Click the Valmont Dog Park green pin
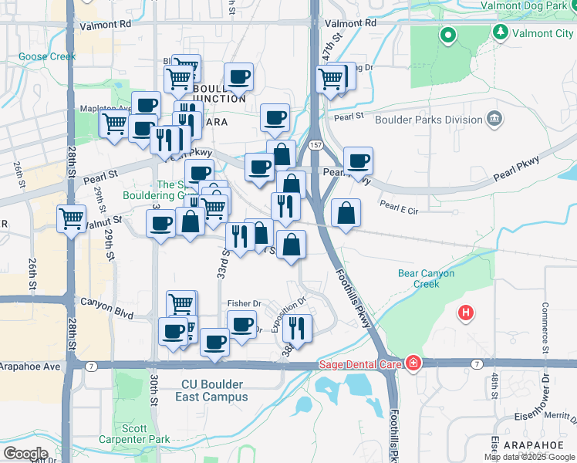pos(447,35)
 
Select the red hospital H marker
pos(465,313)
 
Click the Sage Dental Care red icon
pos(414,363)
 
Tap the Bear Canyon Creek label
pos(426,279)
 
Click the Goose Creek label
pos(47,56)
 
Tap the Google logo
pos(25,453)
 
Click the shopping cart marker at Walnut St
pos(71,219)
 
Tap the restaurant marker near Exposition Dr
pos(296,328)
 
